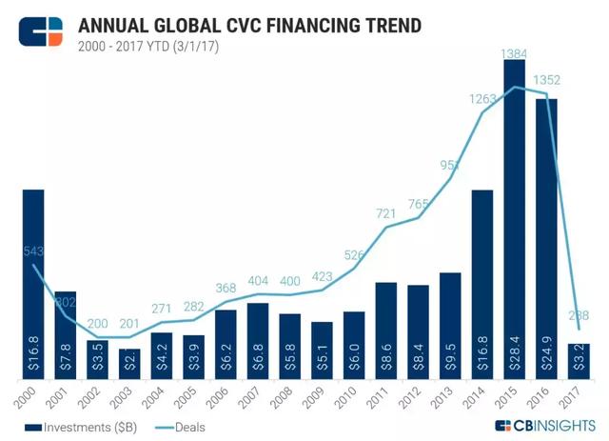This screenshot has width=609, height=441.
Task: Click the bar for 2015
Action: pyautogui.click(x=514, y=219)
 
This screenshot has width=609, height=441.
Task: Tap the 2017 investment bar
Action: pyautogui.click(x=579, y=360)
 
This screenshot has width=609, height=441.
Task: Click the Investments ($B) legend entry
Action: pyautogui.click(x=80, y=428)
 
